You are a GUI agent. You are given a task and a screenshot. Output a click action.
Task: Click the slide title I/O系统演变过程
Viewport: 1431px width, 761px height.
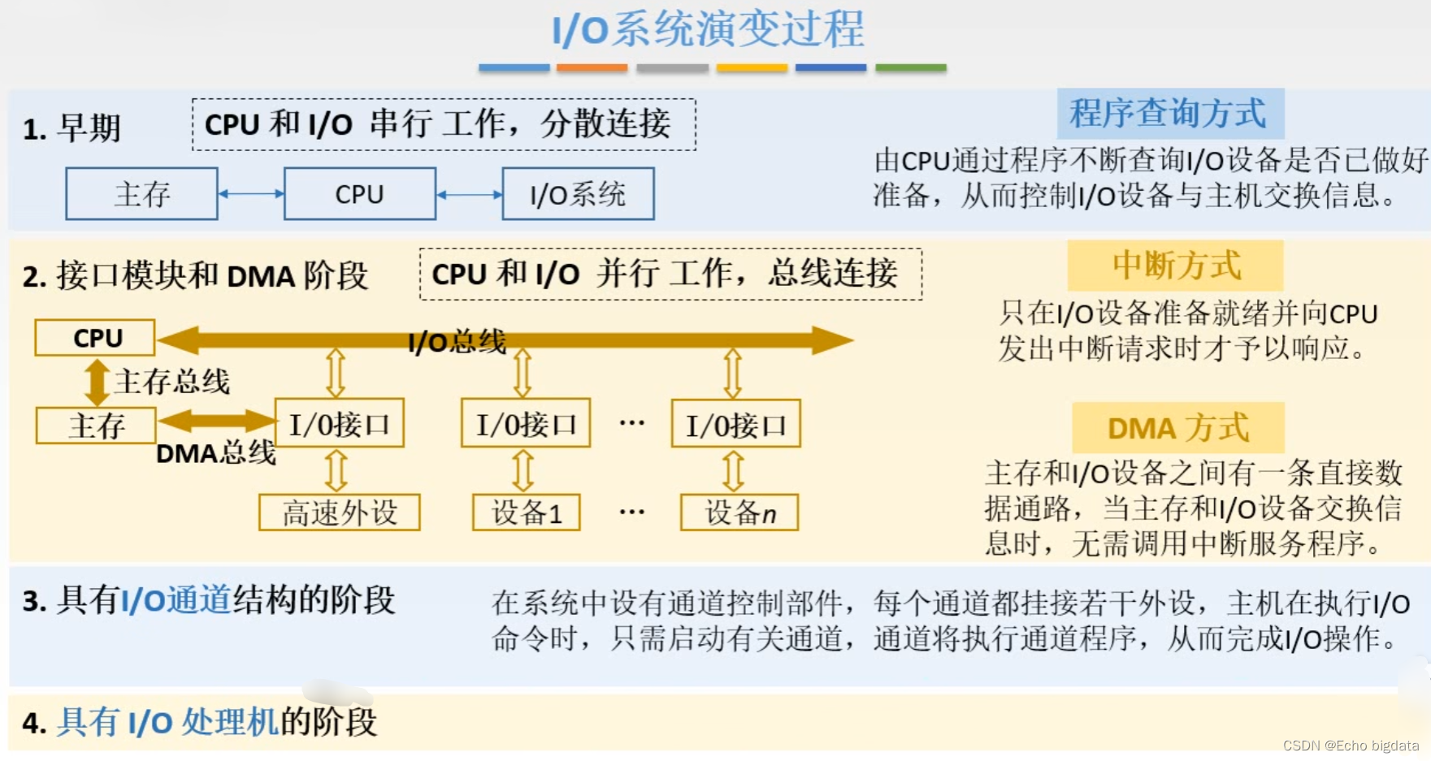tap(708, 30)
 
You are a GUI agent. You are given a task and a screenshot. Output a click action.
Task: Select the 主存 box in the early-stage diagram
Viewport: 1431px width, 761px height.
tap(141, 194)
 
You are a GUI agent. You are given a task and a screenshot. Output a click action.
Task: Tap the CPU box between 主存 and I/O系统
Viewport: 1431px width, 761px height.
tap(359, 194)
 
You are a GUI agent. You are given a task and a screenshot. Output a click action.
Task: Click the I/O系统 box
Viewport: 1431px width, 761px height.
tap(578, 194)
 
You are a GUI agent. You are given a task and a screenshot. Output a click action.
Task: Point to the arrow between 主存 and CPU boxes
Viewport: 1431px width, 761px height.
tap(251, 194)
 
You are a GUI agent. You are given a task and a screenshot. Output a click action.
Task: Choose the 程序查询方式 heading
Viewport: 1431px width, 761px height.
tap(1169, 114)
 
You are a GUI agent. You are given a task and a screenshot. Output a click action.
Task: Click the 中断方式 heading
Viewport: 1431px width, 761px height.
tap(1176, 266)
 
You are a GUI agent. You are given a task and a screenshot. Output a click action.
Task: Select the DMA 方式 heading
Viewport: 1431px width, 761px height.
tap(1177, 428)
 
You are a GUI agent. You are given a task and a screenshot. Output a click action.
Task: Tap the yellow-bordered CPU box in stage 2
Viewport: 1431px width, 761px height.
tap(95, 338)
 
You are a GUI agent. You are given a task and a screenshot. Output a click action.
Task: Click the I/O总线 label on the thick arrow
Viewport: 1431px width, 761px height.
tap(457, 342)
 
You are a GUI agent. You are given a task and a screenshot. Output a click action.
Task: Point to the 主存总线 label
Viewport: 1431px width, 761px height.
tap(171, 381)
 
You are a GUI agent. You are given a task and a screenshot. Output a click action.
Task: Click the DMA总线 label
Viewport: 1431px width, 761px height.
tap(215, 453)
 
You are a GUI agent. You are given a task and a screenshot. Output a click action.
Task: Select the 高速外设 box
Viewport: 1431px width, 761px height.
tap(340, 512)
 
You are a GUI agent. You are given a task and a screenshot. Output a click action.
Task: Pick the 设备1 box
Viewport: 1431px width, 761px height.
tap(527, 512)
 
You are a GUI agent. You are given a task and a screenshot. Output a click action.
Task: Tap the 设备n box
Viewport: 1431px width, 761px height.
tap(739, 512)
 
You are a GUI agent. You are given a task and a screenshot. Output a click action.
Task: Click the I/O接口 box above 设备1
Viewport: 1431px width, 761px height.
tap(526, 423)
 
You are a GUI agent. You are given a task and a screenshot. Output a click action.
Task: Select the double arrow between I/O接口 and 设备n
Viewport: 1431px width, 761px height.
tap(733, 470)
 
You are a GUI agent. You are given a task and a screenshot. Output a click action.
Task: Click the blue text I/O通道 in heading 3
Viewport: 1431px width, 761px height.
tap(176, 601)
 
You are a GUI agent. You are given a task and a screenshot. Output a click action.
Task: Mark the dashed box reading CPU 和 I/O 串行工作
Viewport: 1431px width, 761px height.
tap(444, 124)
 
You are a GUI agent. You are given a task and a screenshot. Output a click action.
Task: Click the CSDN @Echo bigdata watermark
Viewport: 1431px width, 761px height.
tap(1351, 746)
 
